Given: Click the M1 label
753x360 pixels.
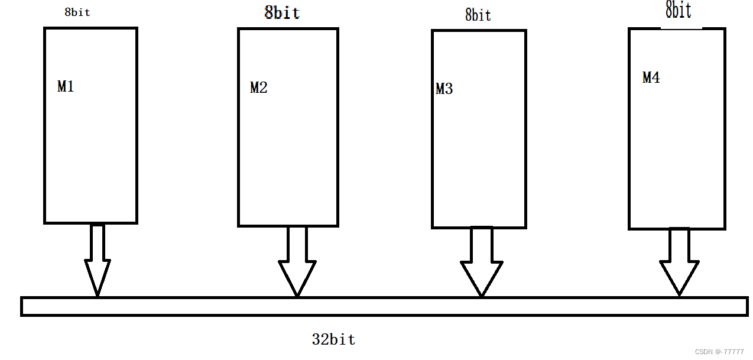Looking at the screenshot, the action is (66, 86).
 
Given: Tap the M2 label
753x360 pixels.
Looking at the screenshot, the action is (258, 88).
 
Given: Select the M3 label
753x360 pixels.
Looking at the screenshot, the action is (444, 89).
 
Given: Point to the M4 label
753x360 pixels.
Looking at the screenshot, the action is (651, 77).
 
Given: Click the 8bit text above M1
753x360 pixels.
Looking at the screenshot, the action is (77, 12).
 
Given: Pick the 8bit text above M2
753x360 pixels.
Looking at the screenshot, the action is (282, 12).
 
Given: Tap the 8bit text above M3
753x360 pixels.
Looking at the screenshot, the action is (478, 15).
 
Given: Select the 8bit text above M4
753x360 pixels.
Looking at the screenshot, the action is (678, 9).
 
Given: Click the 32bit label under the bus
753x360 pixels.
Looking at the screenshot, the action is (333, 339).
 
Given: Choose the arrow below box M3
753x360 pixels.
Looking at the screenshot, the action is (481, 260).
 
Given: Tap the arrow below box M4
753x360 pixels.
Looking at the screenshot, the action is (679, 260).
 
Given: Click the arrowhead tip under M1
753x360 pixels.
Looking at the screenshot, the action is (97, 294).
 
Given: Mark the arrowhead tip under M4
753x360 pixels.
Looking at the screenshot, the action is (679, 294).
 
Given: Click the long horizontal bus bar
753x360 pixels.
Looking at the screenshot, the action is (384, 306).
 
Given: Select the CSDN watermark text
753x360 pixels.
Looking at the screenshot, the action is (719, 352).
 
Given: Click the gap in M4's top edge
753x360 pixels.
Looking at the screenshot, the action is (681, 28).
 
